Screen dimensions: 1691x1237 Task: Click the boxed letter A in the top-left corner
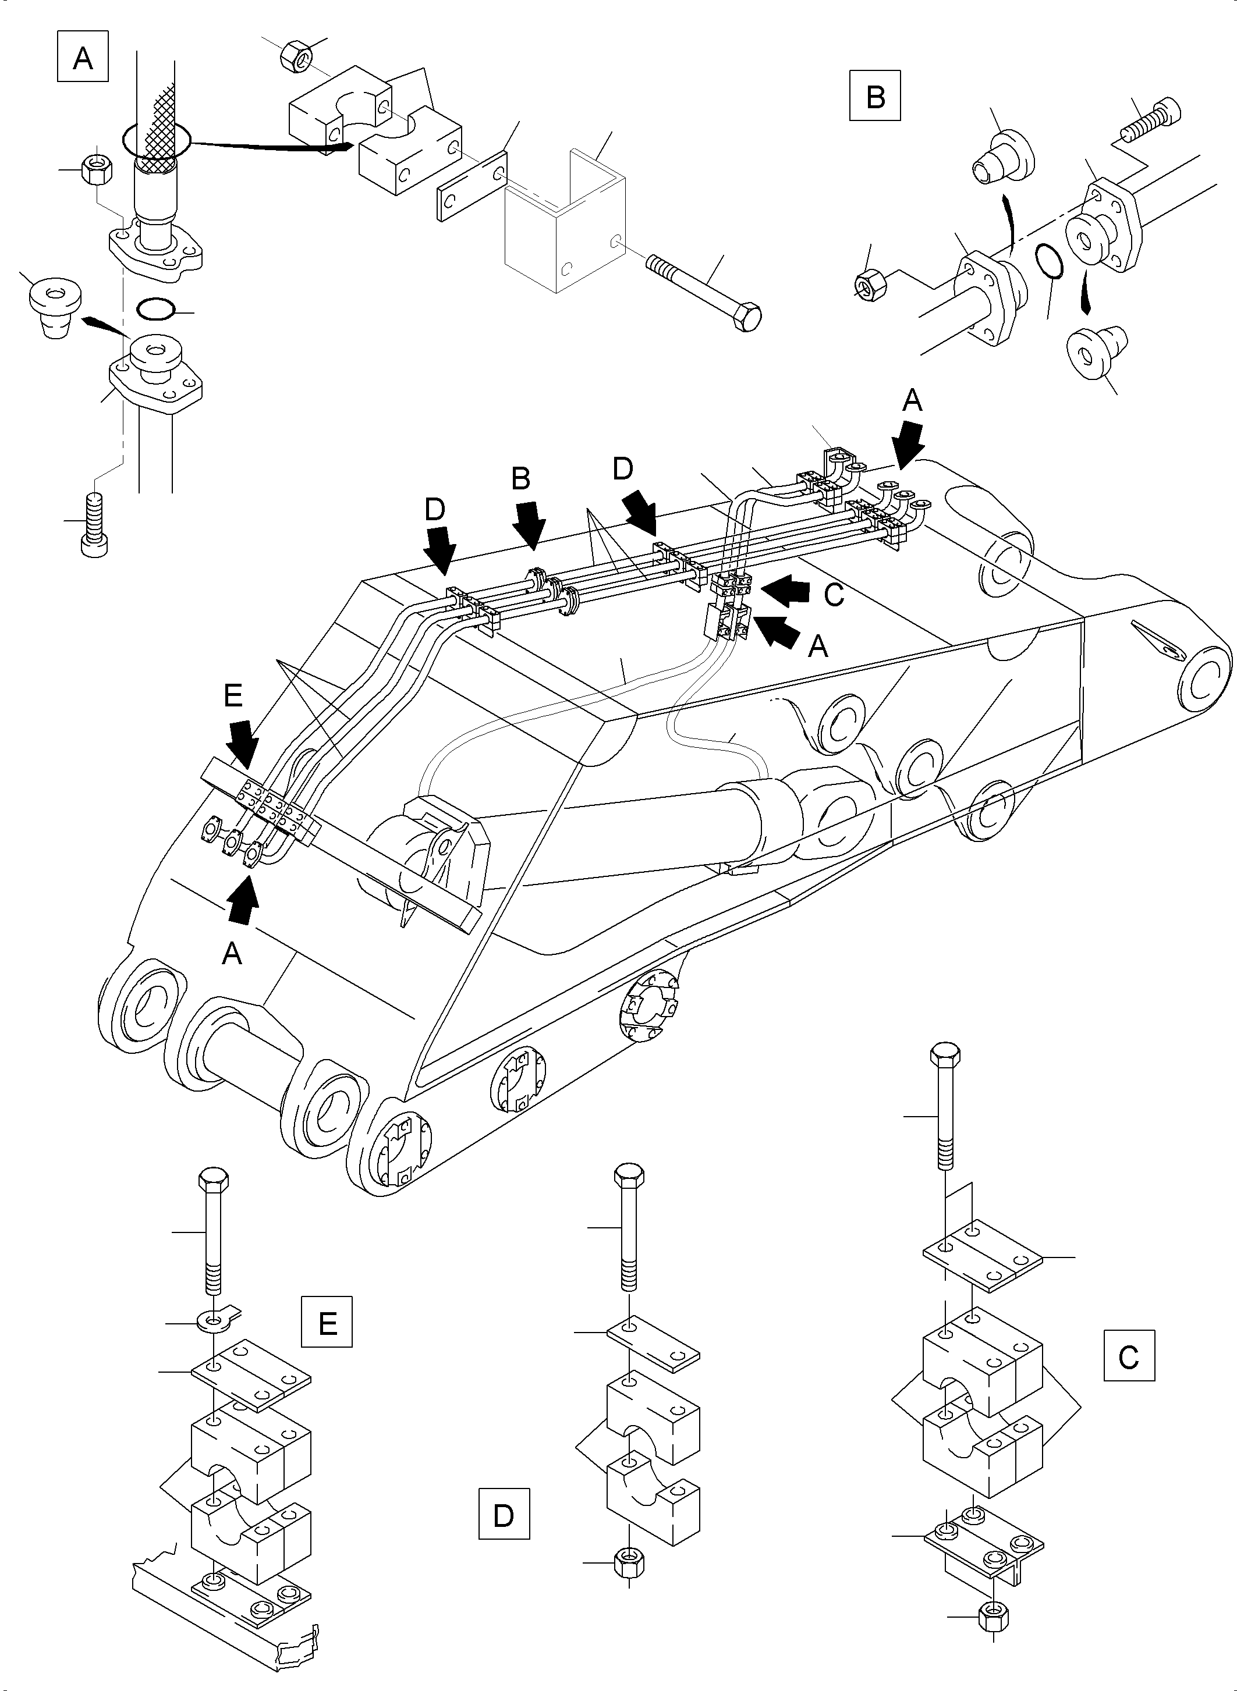coord(82,56)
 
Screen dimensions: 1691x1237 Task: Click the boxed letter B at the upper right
coord(874,96)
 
